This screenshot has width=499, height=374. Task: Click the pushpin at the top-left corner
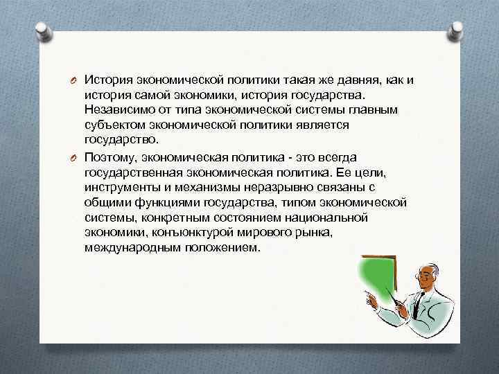[42, 28]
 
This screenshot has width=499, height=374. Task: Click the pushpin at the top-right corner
[457, 30]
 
